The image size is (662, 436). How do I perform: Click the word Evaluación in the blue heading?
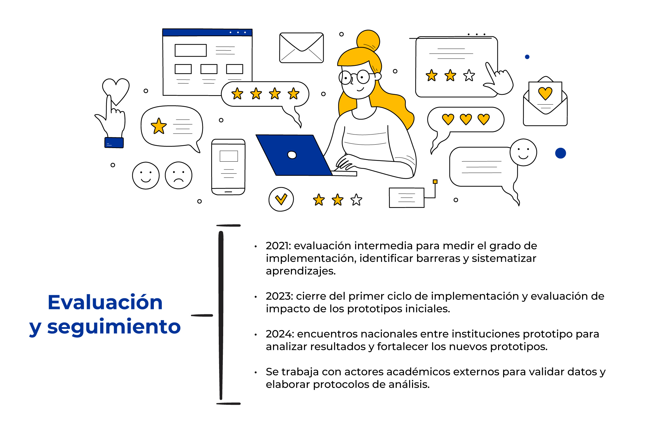[x=105, y=302]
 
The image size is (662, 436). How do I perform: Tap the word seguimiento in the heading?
[x=114, y=327]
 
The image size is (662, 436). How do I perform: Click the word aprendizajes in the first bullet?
[x=300, y=271]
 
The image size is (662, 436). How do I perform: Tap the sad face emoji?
[x=178, y=175]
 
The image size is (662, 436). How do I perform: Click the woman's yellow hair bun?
[x=368, y=40]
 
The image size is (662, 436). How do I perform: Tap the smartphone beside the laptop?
[x=228, y=167]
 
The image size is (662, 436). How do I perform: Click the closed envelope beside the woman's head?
[x=301, y=48]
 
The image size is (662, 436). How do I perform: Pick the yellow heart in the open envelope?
[x=545, y=93]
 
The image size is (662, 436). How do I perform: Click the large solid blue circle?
[x=560, y=153]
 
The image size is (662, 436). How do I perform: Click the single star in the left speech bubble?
[x=159, y=126]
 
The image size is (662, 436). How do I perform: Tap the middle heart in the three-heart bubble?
[x=466, y=119]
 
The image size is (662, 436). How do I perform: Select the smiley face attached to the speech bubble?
[x=523, y=152]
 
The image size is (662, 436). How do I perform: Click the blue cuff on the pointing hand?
[x=114, y=143]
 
